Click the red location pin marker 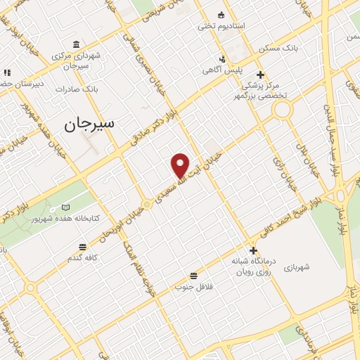(x=181, y=165)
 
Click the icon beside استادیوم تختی (x=221, y=15)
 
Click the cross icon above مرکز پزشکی (x=260, y=75)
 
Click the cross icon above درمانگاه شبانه (x=253, y=250)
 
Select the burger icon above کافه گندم (x=83, y=246)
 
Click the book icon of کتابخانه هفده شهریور (x=65, y=207)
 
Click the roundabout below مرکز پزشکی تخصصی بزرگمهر (x=283, y=109)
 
